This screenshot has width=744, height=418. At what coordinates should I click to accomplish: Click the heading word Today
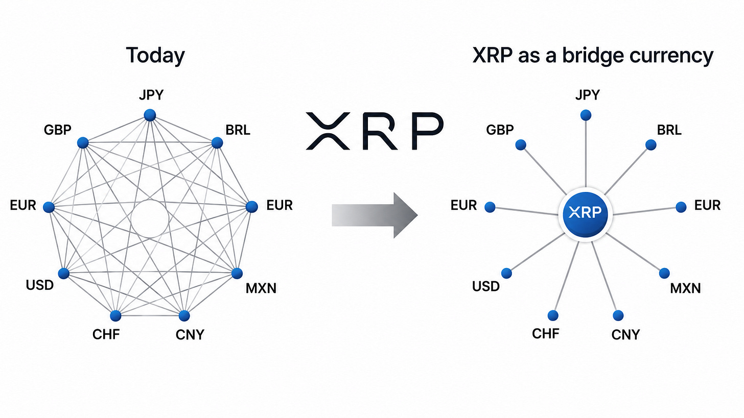155,56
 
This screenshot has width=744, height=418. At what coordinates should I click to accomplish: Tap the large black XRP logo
375,131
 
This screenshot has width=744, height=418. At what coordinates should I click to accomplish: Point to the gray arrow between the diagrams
375,215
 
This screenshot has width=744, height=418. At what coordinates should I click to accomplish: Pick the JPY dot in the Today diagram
150,115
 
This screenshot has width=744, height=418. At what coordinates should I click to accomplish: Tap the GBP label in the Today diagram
57,130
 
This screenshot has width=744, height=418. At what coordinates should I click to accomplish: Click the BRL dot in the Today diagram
217,143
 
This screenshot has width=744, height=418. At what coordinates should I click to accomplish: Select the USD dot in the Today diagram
64,274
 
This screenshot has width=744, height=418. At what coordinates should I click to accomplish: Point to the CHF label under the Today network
106,334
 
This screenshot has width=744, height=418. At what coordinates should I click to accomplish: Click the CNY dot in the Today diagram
184,315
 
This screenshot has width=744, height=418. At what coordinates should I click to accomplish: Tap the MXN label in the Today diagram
261,288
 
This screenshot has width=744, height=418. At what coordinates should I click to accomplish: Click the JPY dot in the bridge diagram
586,115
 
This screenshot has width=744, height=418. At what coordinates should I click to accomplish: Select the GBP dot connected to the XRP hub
521,144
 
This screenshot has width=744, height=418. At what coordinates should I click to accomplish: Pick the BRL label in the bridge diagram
669,130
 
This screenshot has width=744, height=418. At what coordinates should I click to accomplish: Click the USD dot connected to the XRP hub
506,274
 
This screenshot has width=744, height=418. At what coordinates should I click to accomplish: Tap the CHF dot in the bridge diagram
553,315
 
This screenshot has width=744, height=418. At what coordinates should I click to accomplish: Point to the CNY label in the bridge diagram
625,335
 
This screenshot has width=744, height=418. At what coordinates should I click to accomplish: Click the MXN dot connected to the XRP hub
664,274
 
